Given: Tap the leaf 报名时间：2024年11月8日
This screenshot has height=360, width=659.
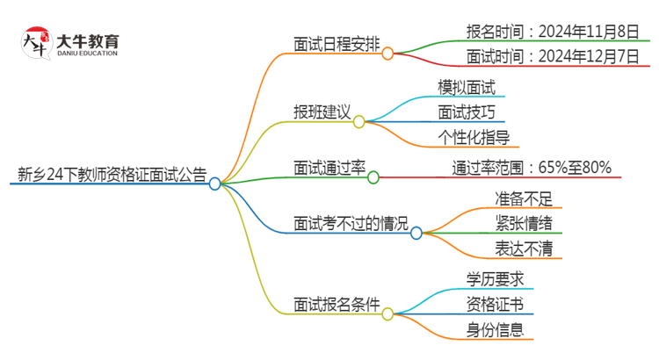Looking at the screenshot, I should point(552,32).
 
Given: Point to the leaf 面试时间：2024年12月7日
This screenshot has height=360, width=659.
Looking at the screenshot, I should point(552,58).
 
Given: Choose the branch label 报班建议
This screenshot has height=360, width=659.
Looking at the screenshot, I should point(322,112).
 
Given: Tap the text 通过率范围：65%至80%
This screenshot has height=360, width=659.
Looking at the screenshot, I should point(532,167).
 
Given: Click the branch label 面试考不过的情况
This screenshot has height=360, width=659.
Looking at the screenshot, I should point(351,224).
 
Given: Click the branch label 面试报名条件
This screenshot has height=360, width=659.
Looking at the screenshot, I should point(337,305).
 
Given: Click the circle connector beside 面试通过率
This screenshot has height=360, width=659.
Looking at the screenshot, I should point(373,177).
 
